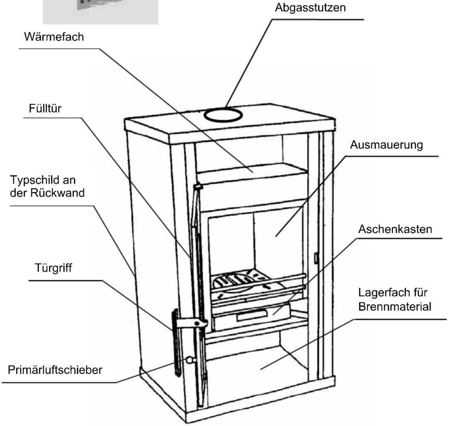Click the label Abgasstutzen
point(310,8)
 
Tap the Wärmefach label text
point(54,37)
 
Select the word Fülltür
point(45,108)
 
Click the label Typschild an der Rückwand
point(47,186)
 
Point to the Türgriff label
point(53,268)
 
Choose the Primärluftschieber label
point(55,370)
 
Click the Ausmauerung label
point(386,145)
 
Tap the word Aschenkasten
point(395,229)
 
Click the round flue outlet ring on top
point(223,115)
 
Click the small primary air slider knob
point(190,360)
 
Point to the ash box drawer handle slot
point(251,315)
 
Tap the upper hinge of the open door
point(198,187)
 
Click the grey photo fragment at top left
point(101,12)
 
